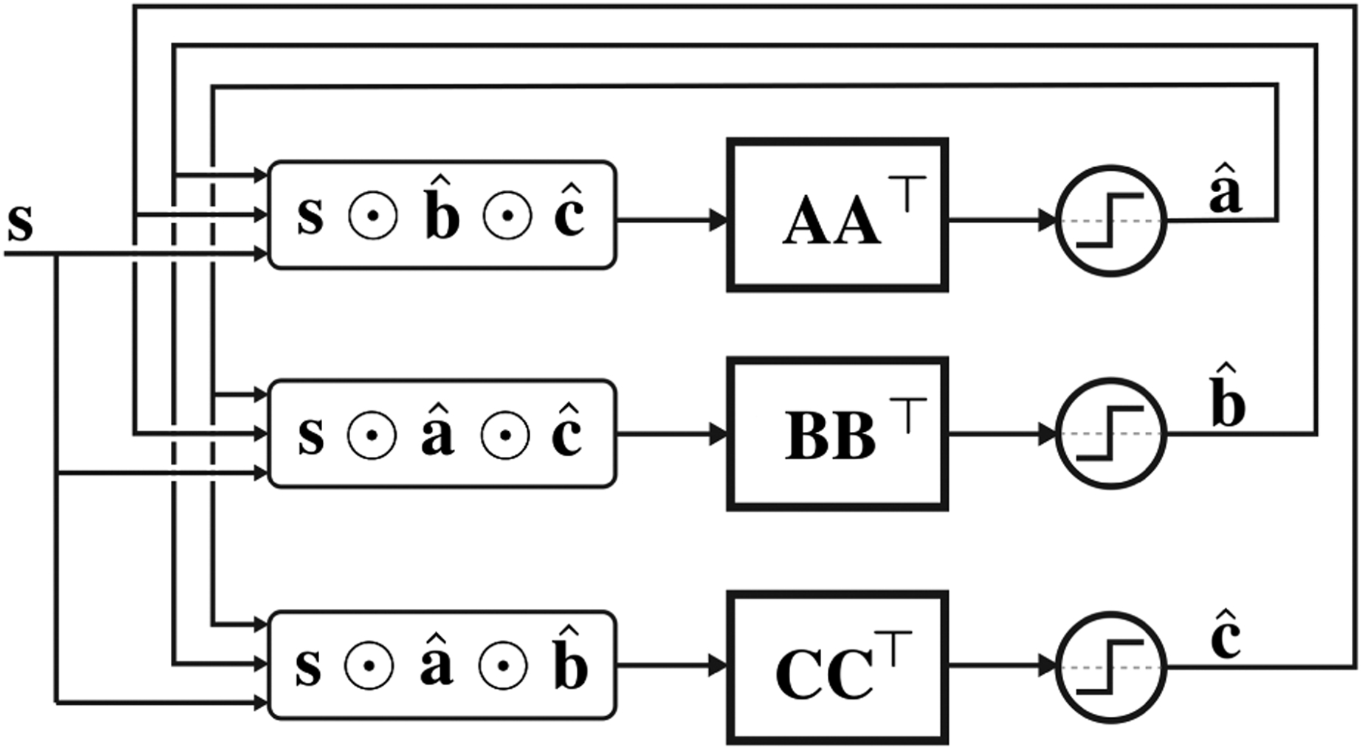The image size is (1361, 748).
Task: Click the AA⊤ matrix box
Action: tap(837, 215)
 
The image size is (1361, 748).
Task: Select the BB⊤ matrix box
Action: tap(837, 434)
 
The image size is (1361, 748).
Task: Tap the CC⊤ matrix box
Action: tap(837, 668)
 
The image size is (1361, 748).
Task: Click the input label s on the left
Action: tap(20, 222)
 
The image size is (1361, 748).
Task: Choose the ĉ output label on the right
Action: tap(1226, 637)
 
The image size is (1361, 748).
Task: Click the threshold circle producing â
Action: tap(1111, 221)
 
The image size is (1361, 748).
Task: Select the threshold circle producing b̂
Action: tap(1111, 434)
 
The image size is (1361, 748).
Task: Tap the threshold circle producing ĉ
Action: tap(1111, 667)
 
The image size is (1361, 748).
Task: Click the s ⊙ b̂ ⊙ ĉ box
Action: tap(442, 215)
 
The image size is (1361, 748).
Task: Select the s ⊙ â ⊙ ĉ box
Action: tap(442, 434)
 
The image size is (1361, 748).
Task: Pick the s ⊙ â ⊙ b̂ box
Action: tap(442, 666)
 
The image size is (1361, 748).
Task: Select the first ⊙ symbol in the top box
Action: tap(373, 216)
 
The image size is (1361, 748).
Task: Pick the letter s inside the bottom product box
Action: tap(308, 667)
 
